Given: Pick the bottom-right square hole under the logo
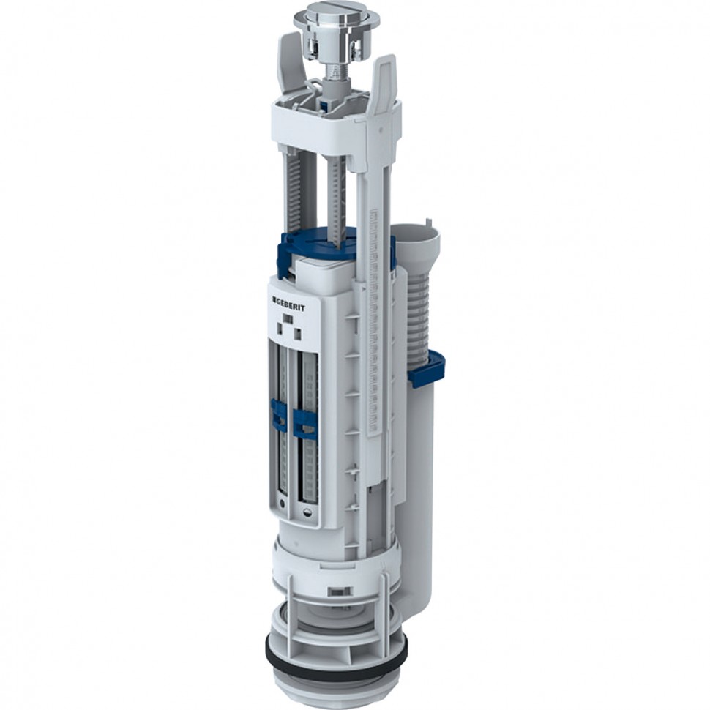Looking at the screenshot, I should [298, 335].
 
